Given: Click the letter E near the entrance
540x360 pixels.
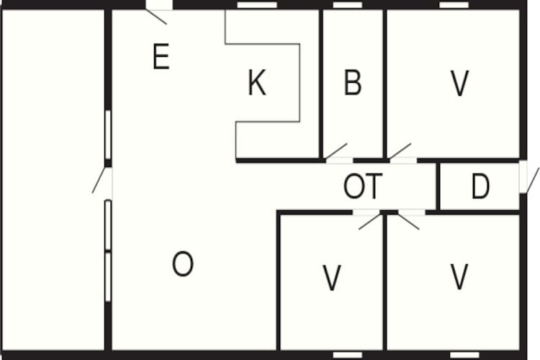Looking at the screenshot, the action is click(161, 56).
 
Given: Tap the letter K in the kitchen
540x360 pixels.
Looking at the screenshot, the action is click(257, 82).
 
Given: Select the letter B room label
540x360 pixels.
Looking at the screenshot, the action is click(353, 82).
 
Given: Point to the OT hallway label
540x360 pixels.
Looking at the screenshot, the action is click(363, 186).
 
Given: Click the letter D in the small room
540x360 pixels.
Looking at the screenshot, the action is click(480, 186).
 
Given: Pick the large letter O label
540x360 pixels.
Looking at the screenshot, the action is click(183, 264).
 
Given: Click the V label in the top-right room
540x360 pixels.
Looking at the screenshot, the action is click(460, 83).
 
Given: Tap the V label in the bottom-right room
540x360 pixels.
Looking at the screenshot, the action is click(459, 276).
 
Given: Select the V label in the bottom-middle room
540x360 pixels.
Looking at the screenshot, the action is click(332, 278).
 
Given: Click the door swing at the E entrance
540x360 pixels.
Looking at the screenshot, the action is click(156, 17).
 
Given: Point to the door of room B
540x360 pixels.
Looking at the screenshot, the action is click(336, 151).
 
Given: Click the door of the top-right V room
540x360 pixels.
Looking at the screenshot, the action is click(400, 151).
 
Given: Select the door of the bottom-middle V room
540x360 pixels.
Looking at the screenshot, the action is click(370, 222).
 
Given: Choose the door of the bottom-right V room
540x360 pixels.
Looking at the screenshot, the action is click(409, 222).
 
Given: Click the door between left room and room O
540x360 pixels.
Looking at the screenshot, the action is click(99, 180).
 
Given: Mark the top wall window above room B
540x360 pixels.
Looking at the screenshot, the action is click(348, 5).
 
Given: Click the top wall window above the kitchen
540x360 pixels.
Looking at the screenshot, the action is click(257, 5).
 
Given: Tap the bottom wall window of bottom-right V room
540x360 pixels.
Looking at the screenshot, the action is click(464, 355).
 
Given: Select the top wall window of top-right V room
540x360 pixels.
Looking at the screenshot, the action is click(454, 5).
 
